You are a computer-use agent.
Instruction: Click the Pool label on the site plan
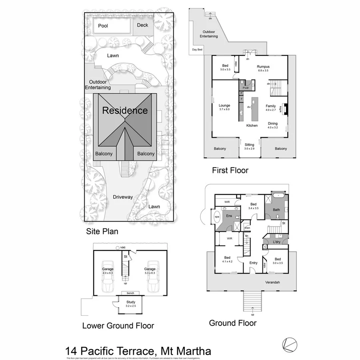pos(103,26)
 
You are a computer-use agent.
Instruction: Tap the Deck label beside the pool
pos(142,25)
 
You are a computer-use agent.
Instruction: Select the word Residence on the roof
pos(125,111)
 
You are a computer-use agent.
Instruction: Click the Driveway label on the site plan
pos(122,197)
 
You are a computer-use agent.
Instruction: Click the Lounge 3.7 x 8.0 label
pos(224,108)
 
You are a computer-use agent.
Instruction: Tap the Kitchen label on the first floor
pos(252,126)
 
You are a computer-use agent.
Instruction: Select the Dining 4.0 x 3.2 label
pos(272,125)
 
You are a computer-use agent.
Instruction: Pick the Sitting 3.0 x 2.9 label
pos(249,146)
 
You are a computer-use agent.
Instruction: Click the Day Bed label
pos(197,50)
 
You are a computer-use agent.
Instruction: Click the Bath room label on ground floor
pos(276,210)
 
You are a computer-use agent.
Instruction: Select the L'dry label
pos(276,243)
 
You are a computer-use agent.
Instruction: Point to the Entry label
pos(253,263)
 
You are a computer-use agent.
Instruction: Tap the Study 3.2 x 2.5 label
pos(131,304)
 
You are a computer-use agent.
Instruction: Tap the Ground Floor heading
pos(232,323)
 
